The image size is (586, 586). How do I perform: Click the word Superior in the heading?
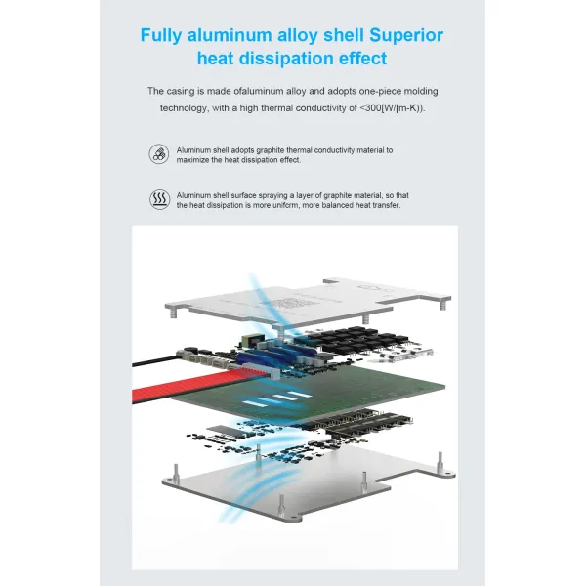tap(406, 35)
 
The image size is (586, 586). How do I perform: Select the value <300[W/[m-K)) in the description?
tap(393, 108)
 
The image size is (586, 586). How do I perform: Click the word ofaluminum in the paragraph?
tap(259, 91)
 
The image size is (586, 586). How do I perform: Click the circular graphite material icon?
tap(159, 154)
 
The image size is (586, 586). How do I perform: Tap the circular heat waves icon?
tap(160, 199)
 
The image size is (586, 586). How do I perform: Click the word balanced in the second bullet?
tap(338, 205)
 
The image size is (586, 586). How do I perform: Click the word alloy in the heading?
tap(298, 36)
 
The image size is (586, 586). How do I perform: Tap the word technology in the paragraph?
tap(184, 108)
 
